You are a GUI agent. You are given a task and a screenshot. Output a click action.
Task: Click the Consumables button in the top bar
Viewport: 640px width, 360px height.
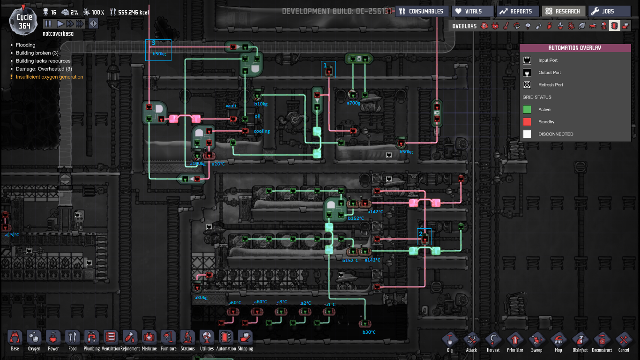pyautogui.click(x=422, y=11)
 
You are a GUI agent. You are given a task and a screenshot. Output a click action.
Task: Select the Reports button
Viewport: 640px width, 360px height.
pyautogui.click(x=517, y=11)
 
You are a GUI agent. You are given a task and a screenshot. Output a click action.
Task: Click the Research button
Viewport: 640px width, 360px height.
pyautogui.click(x=563, y=11)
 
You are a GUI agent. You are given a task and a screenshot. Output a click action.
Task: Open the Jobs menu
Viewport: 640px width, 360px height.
pyautogui.click(x=609, y=11)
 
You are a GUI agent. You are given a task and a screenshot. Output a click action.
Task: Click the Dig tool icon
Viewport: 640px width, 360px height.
pyautogui.click(x=450, y=341)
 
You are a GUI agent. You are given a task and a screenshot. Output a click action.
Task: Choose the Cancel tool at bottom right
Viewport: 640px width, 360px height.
pyautogui.click(x=624, y=341)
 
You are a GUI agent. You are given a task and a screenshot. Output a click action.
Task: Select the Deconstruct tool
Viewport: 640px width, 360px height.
pyautogui.click(x=602, y=341)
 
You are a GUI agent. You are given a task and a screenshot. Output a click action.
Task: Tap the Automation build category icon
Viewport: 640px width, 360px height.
pyautogui.click(x=226, y=340)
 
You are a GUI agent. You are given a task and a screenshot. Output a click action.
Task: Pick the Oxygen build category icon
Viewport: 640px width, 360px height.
pyautogui.click(x=34, y=340)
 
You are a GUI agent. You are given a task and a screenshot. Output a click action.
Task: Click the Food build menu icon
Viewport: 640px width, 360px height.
pyautogui.click(x=73, y=340)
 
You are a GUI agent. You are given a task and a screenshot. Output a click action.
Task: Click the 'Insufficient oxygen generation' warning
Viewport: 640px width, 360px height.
pyautogui.click(x=49, y=77)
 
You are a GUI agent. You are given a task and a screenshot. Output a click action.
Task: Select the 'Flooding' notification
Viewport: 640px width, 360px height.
pyautogui.click(x=25, y=45)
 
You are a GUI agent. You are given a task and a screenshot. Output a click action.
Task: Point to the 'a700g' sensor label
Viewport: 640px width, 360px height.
pyautogui.click(x=353, y=103)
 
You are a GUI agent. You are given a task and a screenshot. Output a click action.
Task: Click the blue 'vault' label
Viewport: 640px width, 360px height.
pyautogui.click(x=231, y=106)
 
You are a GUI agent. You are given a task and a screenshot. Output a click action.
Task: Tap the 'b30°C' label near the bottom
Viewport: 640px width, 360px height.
pyautogui.click(x=369, y=332)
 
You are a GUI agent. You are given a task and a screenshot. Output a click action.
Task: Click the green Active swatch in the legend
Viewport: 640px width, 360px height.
pyautogui.click(x=527, y=110)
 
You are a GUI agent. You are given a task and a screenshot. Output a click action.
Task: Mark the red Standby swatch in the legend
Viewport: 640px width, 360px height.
pyautogui.click(x=527, y=122)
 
